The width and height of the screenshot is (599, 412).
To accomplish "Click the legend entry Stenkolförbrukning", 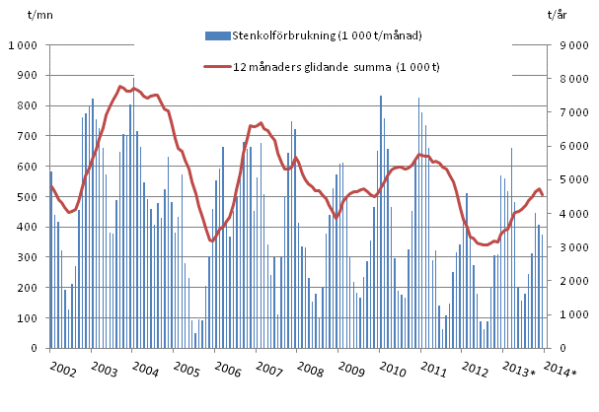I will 327,35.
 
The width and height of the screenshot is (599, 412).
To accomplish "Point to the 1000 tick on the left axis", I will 21,45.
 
